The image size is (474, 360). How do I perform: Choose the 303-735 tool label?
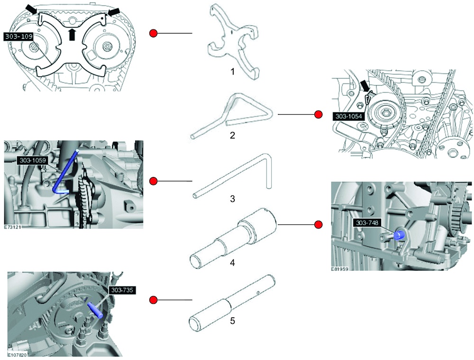(123, 290)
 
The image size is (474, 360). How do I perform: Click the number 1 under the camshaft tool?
(232, 72)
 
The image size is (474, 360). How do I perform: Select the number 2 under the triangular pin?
(232, 136)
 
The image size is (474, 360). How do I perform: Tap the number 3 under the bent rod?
(232, 199)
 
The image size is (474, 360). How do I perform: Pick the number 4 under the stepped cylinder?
(232, 262)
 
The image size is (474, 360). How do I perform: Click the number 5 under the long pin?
(232, 321)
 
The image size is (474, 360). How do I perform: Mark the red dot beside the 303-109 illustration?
(153, 33)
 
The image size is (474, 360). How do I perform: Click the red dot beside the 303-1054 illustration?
(319, 114)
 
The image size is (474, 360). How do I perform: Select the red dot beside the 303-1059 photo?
(153, 181)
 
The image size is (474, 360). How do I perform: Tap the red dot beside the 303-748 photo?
(319, 224)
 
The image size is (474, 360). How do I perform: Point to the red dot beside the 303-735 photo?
(153, 300)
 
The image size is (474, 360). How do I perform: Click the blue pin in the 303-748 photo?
(400, 234)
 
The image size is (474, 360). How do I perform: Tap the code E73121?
(14, 227)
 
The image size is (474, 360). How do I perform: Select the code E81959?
(341, 268)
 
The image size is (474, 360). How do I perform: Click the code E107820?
(18, 354)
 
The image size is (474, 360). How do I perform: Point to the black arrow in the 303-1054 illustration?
(365, 86)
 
